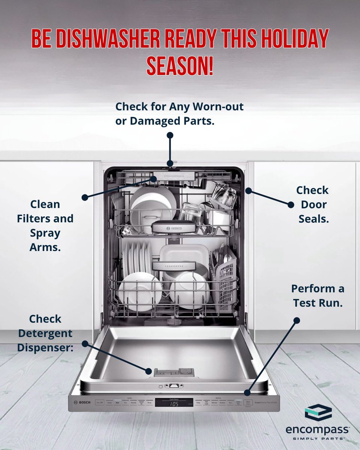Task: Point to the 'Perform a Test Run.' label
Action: click(x=317, y=296)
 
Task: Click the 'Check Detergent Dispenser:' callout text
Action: click(x=45, y=334)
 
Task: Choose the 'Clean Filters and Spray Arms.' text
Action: click(x=45, y=226)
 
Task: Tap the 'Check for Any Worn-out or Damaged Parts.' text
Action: click(x=180, y=114)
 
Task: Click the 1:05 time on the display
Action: click(x=174, y=404)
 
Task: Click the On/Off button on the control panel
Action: click(x=99, y=403)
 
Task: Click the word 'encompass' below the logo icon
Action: click(x=317, y=429)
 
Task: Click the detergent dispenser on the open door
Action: click(x=174, y=372)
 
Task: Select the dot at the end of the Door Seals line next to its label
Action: click(x=291, y=205)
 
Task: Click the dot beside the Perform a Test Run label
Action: click(x=297, y=321)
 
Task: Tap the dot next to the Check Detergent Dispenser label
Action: click(x=85, y=343)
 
